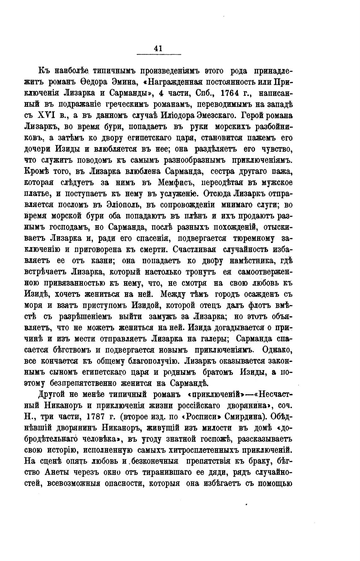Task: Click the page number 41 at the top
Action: [158, 48]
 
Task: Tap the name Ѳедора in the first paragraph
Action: [92, 82]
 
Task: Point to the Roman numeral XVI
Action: [48, 115]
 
